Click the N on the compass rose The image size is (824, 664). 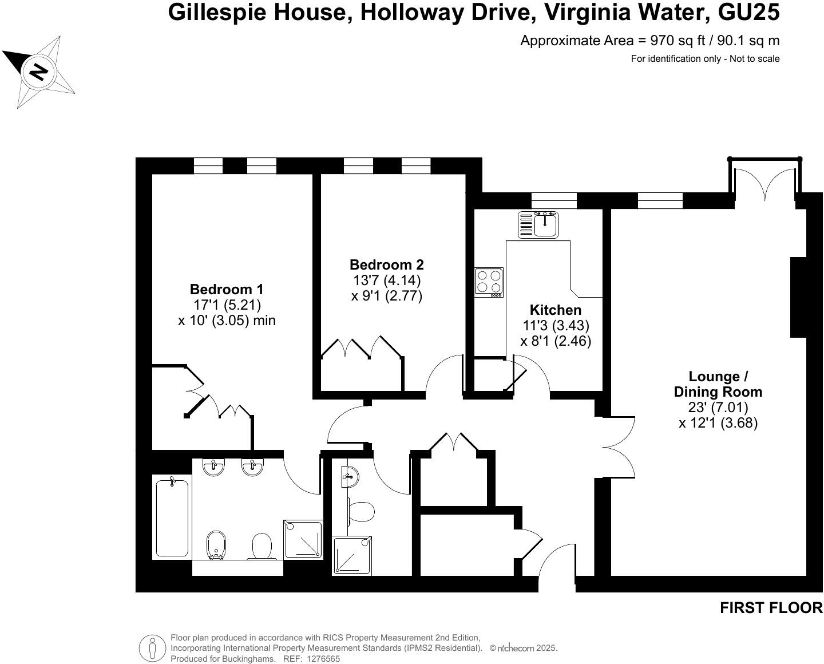38,72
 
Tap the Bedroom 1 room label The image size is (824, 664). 227,289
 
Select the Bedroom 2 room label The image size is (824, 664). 386,264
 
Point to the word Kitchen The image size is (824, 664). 555,310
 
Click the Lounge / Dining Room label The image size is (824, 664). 718,384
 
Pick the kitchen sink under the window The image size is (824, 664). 538,224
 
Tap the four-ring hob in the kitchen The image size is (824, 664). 489,282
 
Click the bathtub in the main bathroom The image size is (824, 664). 172,517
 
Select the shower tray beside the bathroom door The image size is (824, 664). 303,539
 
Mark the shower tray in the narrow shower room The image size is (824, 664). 352,555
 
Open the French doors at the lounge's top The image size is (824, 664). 764,181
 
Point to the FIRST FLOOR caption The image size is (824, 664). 770,608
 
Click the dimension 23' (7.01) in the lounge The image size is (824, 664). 718,408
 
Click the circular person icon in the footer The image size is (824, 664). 152,648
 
